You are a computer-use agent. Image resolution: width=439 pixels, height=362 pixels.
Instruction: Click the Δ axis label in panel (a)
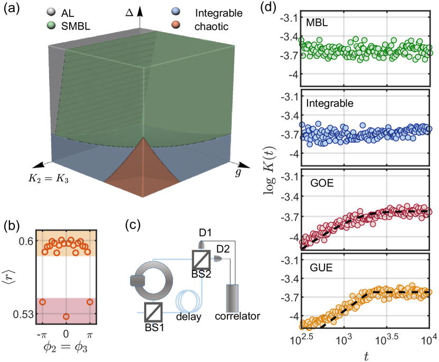(x=128, y=12)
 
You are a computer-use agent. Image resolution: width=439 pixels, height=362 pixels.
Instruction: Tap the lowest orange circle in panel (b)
(x=66, y=316)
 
